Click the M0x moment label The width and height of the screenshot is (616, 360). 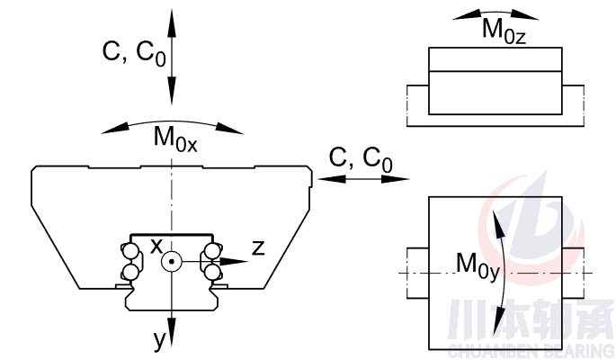pyautogui.click(x=174, y=139)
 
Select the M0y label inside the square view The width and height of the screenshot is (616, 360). pyautogui.click(x=478, y=264)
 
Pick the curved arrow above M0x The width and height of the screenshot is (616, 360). pyautogui.click(x=173, y=123)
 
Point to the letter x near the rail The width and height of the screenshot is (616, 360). pyautogui.click(x=156, y=245)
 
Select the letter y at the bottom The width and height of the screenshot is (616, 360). pyautogui.click(x=159, y=339)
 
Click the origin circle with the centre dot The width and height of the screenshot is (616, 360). pyautogui.click(x=171, y=262)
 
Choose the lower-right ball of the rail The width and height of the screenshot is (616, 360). pyautogui.click(x=212, y=271)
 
